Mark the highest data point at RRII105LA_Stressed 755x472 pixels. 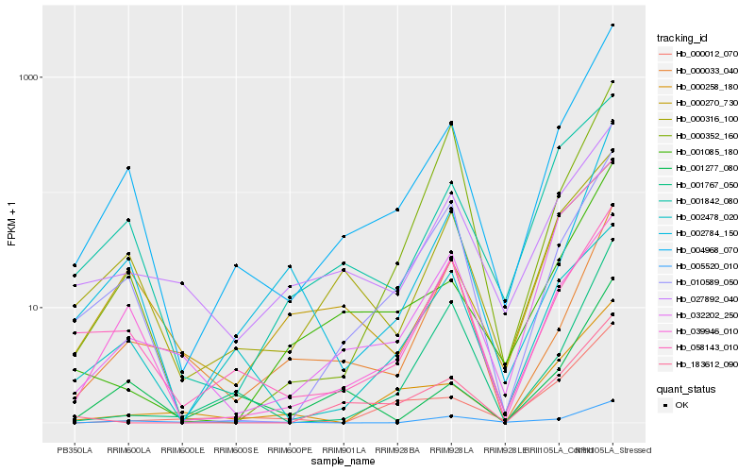612,25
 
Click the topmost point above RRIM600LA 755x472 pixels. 128,168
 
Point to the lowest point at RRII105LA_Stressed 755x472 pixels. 612,400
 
